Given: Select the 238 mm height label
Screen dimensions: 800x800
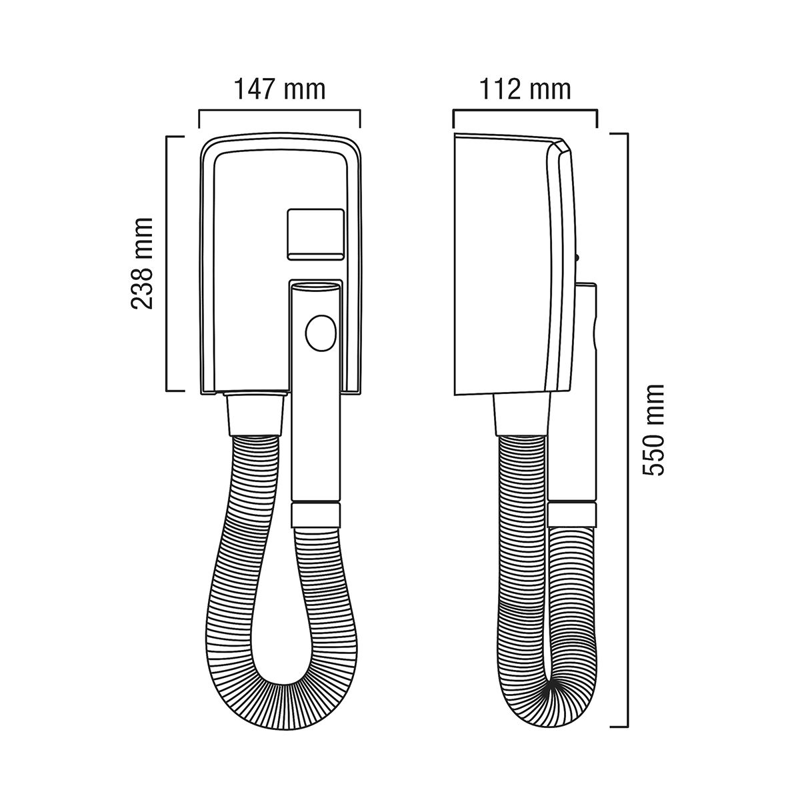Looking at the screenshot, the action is (x=141, y=263).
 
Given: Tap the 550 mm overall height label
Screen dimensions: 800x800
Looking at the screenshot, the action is (x=653, y=430).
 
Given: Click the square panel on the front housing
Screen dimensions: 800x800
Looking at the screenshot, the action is (x=316, y=235).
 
